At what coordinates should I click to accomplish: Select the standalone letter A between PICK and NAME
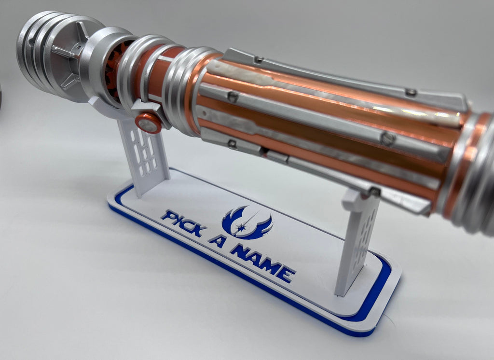[218, 240]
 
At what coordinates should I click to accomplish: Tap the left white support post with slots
[142, 154]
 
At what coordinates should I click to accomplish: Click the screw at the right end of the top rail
[411, 92]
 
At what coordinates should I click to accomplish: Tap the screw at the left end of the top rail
[259, 59]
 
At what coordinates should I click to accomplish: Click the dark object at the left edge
[1, 97]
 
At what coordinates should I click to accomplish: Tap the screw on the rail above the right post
[375, 192]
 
